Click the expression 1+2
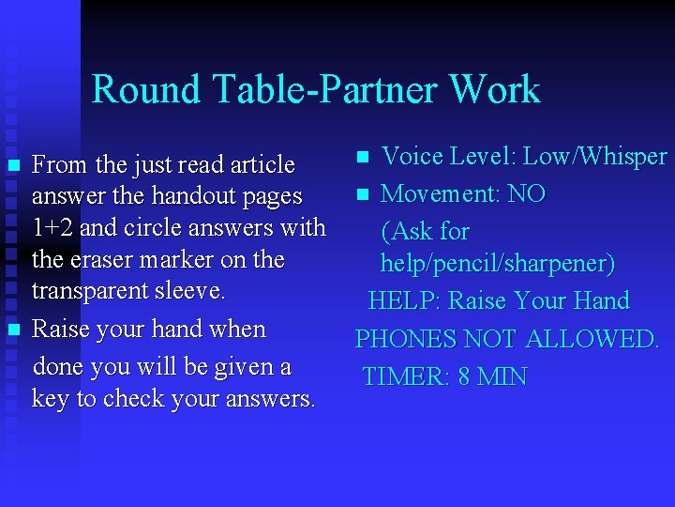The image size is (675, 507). click(52, 228)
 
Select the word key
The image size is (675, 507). click(50, 398)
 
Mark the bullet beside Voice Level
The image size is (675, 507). click(363, 156)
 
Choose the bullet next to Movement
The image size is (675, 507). click(363, 195)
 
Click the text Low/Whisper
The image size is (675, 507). click(595, 157)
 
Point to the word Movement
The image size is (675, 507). click(440, 194)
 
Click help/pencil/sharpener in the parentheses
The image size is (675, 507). click(497, 265)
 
